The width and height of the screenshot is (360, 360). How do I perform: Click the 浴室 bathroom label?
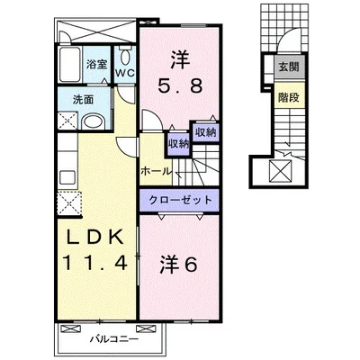[96, 65]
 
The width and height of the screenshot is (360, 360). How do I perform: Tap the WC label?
[125, 74]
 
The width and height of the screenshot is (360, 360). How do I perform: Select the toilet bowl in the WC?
[125, 57]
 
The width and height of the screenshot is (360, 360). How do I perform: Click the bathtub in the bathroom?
[69, 65]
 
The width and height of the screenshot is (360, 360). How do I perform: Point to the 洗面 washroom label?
[83, 100]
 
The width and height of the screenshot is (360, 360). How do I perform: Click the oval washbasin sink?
[94, 122]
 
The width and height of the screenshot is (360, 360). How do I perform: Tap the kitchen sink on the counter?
[67, 177]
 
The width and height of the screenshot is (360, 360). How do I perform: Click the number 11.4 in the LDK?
[94, 263]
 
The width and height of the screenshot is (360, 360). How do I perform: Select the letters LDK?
[94, 238]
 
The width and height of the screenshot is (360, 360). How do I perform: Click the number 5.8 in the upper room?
[180, 86]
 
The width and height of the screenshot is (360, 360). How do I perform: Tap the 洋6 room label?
[178, 265]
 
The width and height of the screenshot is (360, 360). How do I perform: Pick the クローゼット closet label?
[180, 200]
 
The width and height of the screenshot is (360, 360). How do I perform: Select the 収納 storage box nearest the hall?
[178, 144]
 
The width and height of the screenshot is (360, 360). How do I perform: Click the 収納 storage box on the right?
[206, 132]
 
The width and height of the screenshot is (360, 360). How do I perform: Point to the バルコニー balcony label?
[114, 339]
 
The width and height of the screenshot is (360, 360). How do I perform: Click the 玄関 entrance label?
[289, 67]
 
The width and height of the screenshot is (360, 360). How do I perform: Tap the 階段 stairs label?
[289, 97]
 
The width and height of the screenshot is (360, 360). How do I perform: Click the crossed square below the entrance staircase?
[281, 171]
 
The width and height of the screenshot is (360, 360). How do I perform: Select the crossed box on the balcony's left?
[71, 328]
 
